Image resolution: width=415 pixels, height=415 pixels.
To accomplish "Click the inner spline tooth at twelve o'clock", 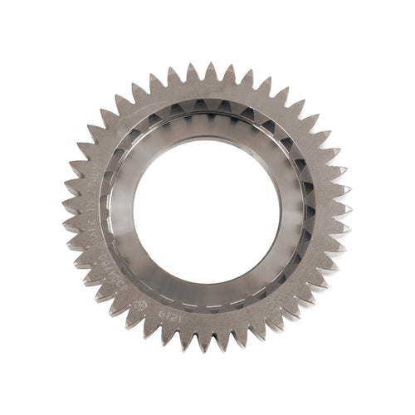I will [207, 105].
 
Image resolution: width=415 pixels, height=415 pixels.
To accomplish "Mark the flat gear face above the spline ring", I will [207, 90].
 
